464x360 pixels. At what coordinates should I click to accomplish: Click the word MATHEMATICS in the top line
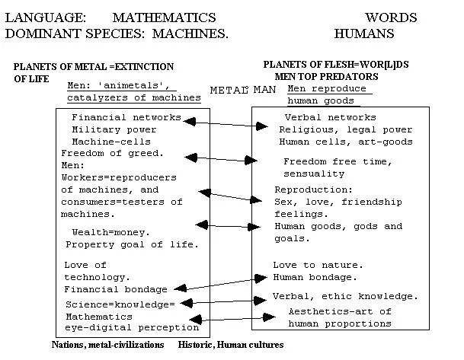click(164, 17)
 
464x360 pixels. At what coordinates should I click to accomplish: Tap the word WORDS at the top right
click(390, 17)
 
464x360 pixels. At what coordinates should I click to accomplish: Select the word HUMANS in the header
click(363, 33)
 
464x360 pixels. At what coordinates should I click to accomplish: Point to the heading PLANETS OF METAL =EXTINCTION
click(94, 67)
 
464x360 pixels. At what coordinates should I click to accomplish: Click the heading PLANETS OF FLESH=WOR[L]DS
click(336, 65)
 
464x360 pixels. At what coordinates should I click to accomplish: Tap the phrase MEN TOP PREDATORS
click(336, 76)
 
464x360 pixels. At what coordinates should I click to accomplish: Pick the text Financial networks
click(126, 117)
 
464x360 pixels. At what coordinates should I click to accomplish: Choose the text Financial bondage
click(116, 289)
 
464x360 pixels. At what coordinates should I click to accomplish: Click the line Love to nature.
click(318, 265)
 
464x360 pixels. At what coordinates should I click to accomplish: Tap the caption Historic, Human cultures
click(231, 345)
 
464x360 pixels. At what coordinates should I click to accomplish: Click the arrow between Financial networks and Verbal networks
click(222, 124)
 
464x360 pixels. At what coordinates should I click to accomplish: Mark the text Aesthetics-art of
click(339, 311)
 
